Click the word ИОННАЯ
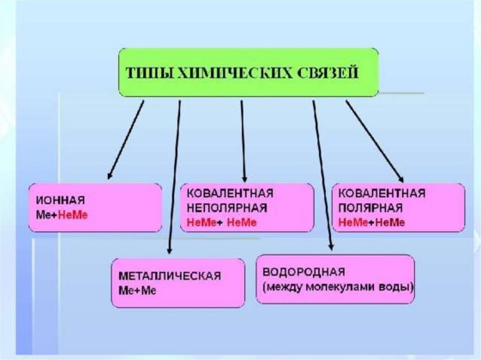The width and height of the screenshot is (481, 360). [x=60, y=201]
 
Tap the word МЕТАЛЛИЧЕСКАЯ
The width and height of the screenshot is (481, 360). [x=170, y=276]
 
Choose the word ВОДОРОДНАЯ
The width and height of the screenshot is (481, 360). [x=303, y=272]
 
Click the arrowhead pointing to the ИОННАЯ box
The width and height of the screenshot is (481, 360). [x=109, y=176]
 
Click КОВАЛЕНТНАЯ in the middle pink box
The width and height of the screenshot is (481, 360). [x=230, y=193]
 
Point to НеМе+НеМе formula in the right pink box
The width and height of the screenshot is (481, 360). [x=371, y=222]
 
